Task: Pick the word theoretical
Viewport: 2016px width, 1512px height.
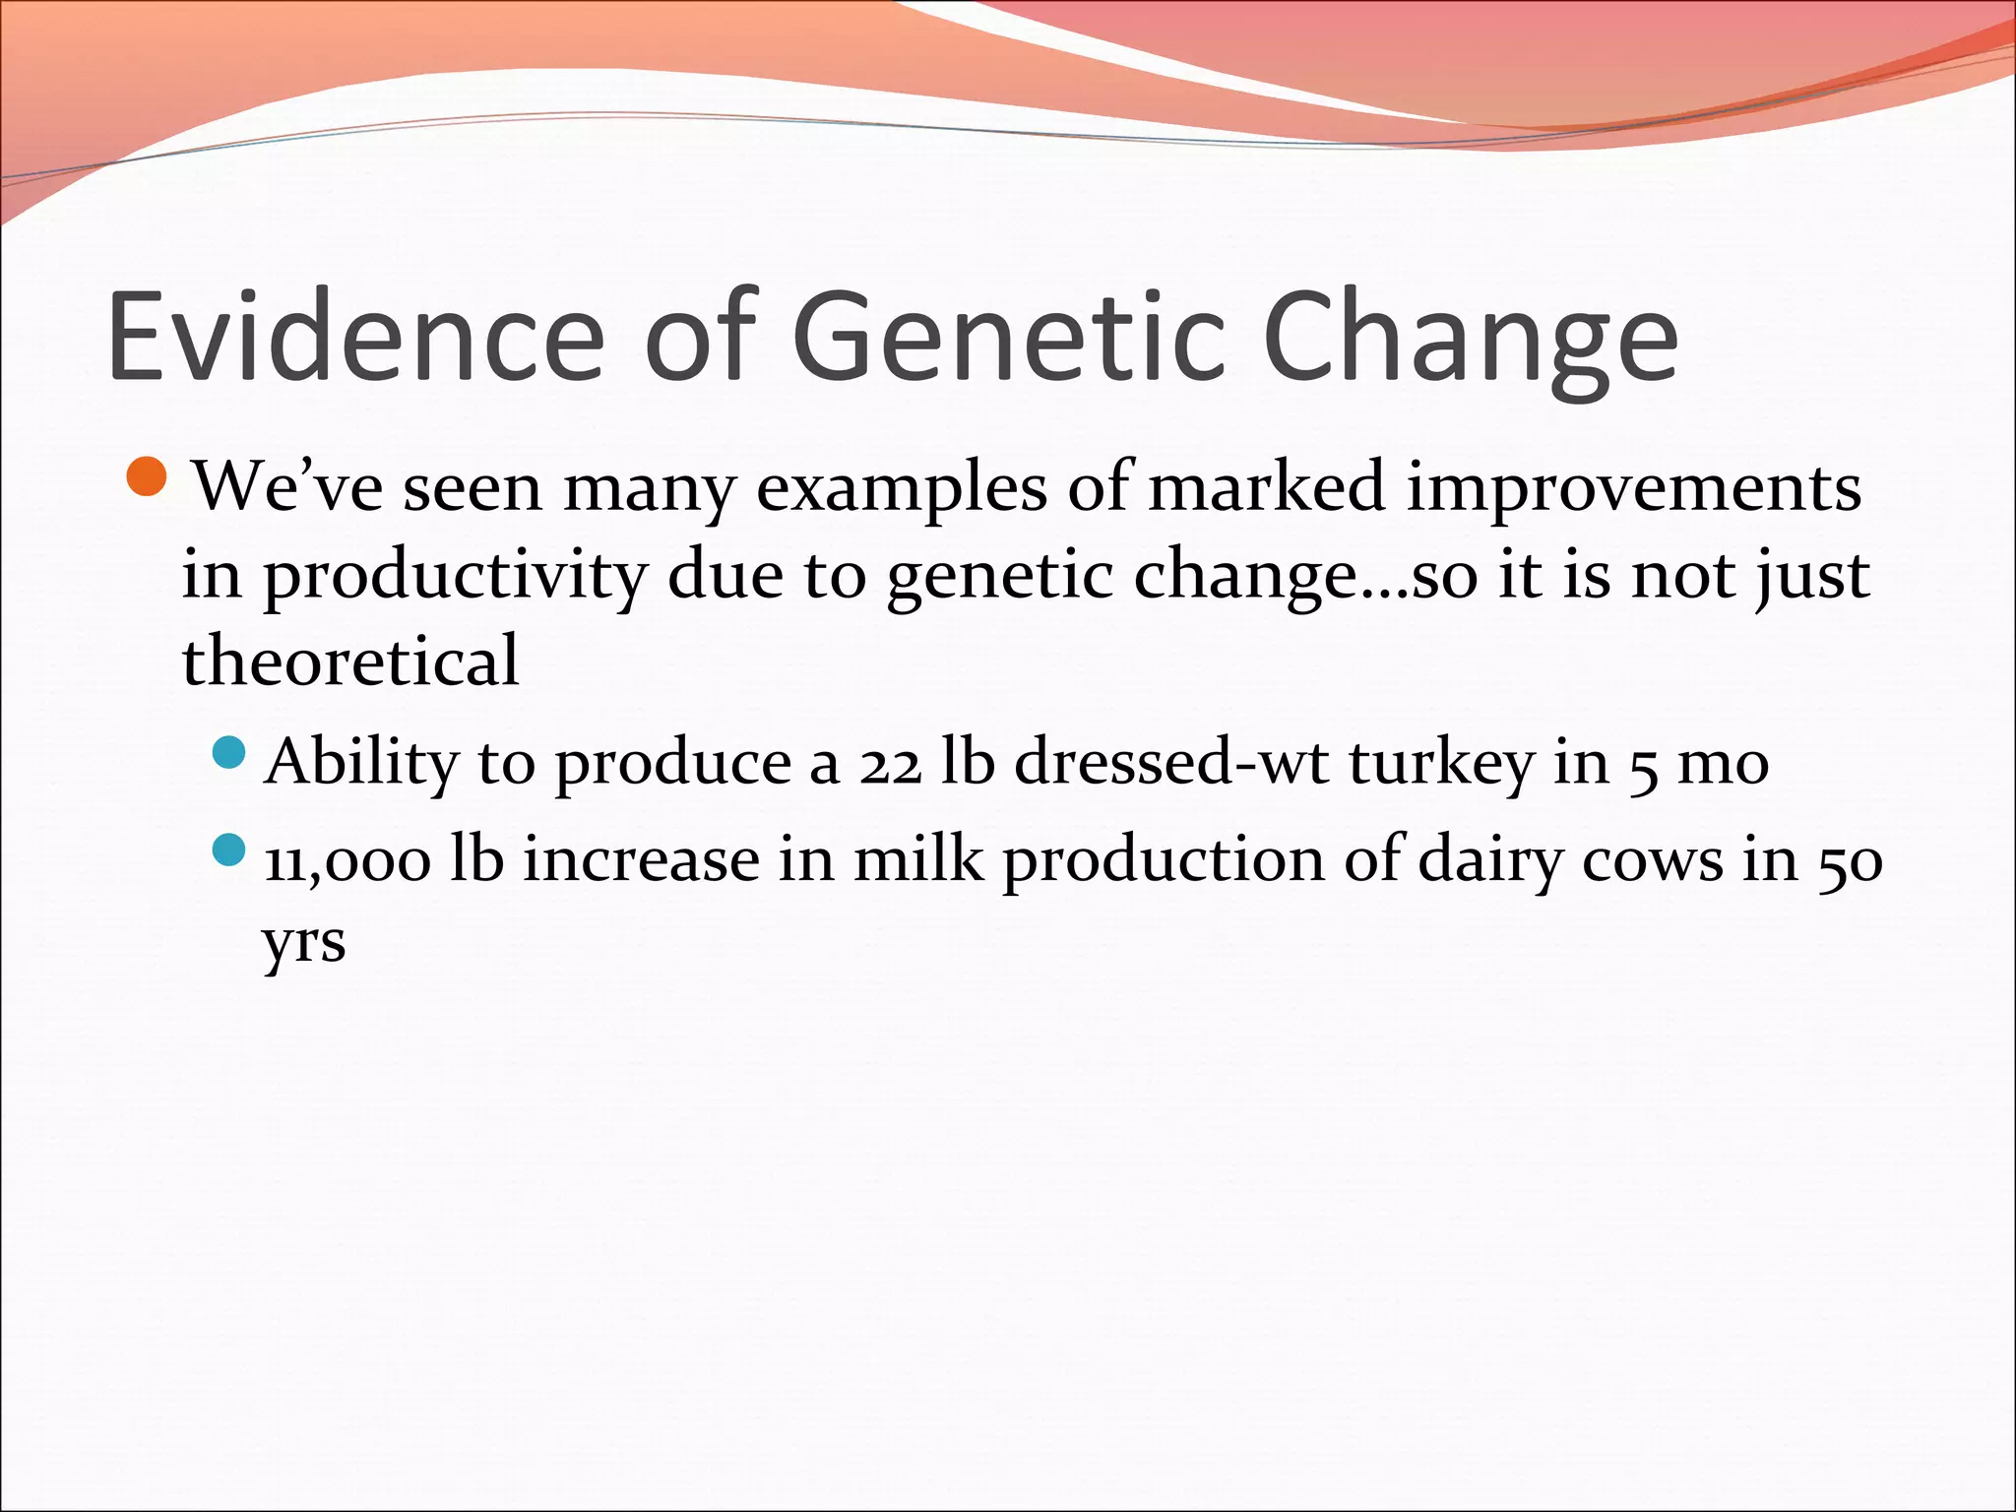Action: (350, 661)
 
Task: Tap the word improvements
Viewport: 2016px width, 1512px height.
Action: (1633, 489)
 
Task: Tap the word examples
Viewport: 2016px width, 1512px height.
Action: (901, 489)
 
